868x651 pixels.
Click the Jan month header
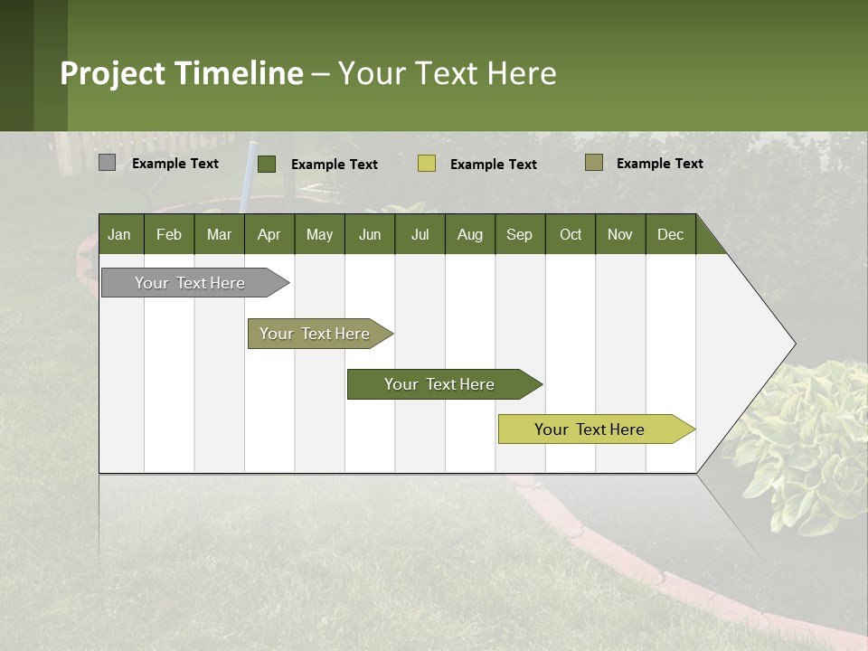pyautogui.click(x=119, y=235)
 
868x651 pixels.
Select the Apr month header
pyautogui.click(x=269, y=235)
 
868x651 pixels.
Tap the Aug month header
pyautogui.click(x=469, y=235)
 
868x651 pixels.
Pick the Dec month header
pyautogui.click(x=670, y=235)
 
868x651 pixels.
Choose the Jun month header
pyautogui.click(x=369, y=235)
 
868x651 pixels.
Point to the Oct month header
pyautogui.click(x=570, y=235)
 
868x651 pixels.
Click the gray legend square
pyautogui.click(x=108, y=163)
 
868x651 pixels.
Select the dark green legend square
pyautogui.click(x=267, y=164)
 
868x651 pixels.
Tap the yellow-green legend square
pyautogui.click(x=427, y=164)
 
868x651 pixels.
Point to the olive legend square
pyautogui.click(x=593, y=163)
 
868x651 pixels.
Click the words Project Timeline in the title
pyautogui.click(x=181, y=73)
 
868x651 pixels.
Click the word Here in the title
pyautogui.click(x=522, y=73)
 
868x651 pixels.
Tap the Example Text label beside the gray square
pyautogui.click(x=175, y=164)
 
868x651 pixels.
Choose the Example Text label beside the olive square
pyautogui.click(x=660, y=164)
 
